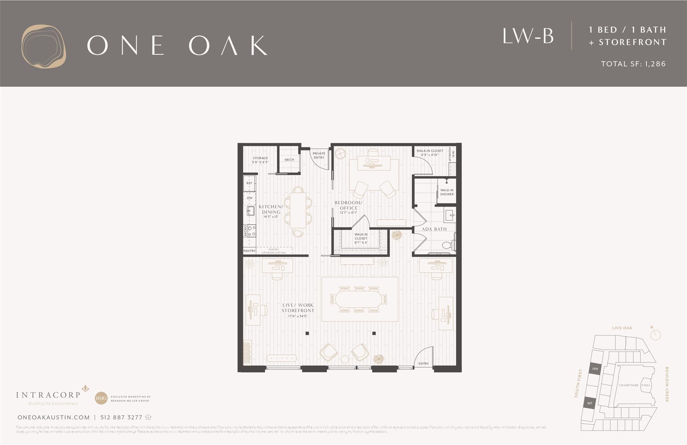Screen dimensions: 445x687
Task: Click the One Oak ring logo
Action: (44, 46)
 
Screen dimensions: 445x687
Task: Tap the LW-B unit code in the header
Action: (528, 36)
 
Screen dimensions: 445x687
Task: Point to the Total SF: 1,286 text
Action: (633, 64)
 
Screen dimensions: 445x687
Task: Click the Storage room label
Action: (260, 160)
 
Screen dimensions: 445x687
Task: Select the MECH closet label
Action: (289, 160)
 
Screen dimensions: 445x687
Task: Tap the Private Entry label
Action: (319, 155)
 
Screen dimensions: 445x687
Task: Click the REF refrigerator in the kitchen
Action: (249, 183)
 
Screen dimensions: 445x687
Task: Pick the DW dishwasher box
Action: (250, 198)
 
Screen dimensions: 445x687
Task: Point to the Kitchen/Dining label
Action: (271, 210)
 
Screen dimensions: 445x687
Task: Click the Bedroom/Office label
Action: (349, 206)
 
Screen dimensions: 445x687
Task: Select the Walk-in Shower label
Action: (447, 192)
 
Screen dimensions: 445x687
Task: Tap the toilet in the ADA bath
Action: (447, 245)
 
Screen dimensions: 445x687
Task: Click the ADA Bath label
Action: (434, 229)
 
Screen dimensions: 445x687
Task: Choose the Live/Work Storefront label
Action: (298, 308)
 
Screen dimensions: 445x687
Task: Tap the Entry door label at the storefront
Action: (424, 363)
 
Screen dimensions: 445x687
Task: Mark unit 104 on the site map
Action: (595, 369)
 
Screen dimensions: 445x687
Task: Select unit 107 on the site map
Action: (589, 403)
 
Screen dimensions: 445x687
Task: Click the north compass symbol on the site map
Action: (655, 335)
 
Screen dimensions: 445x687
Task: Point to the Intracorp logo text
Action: (48, 395)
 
